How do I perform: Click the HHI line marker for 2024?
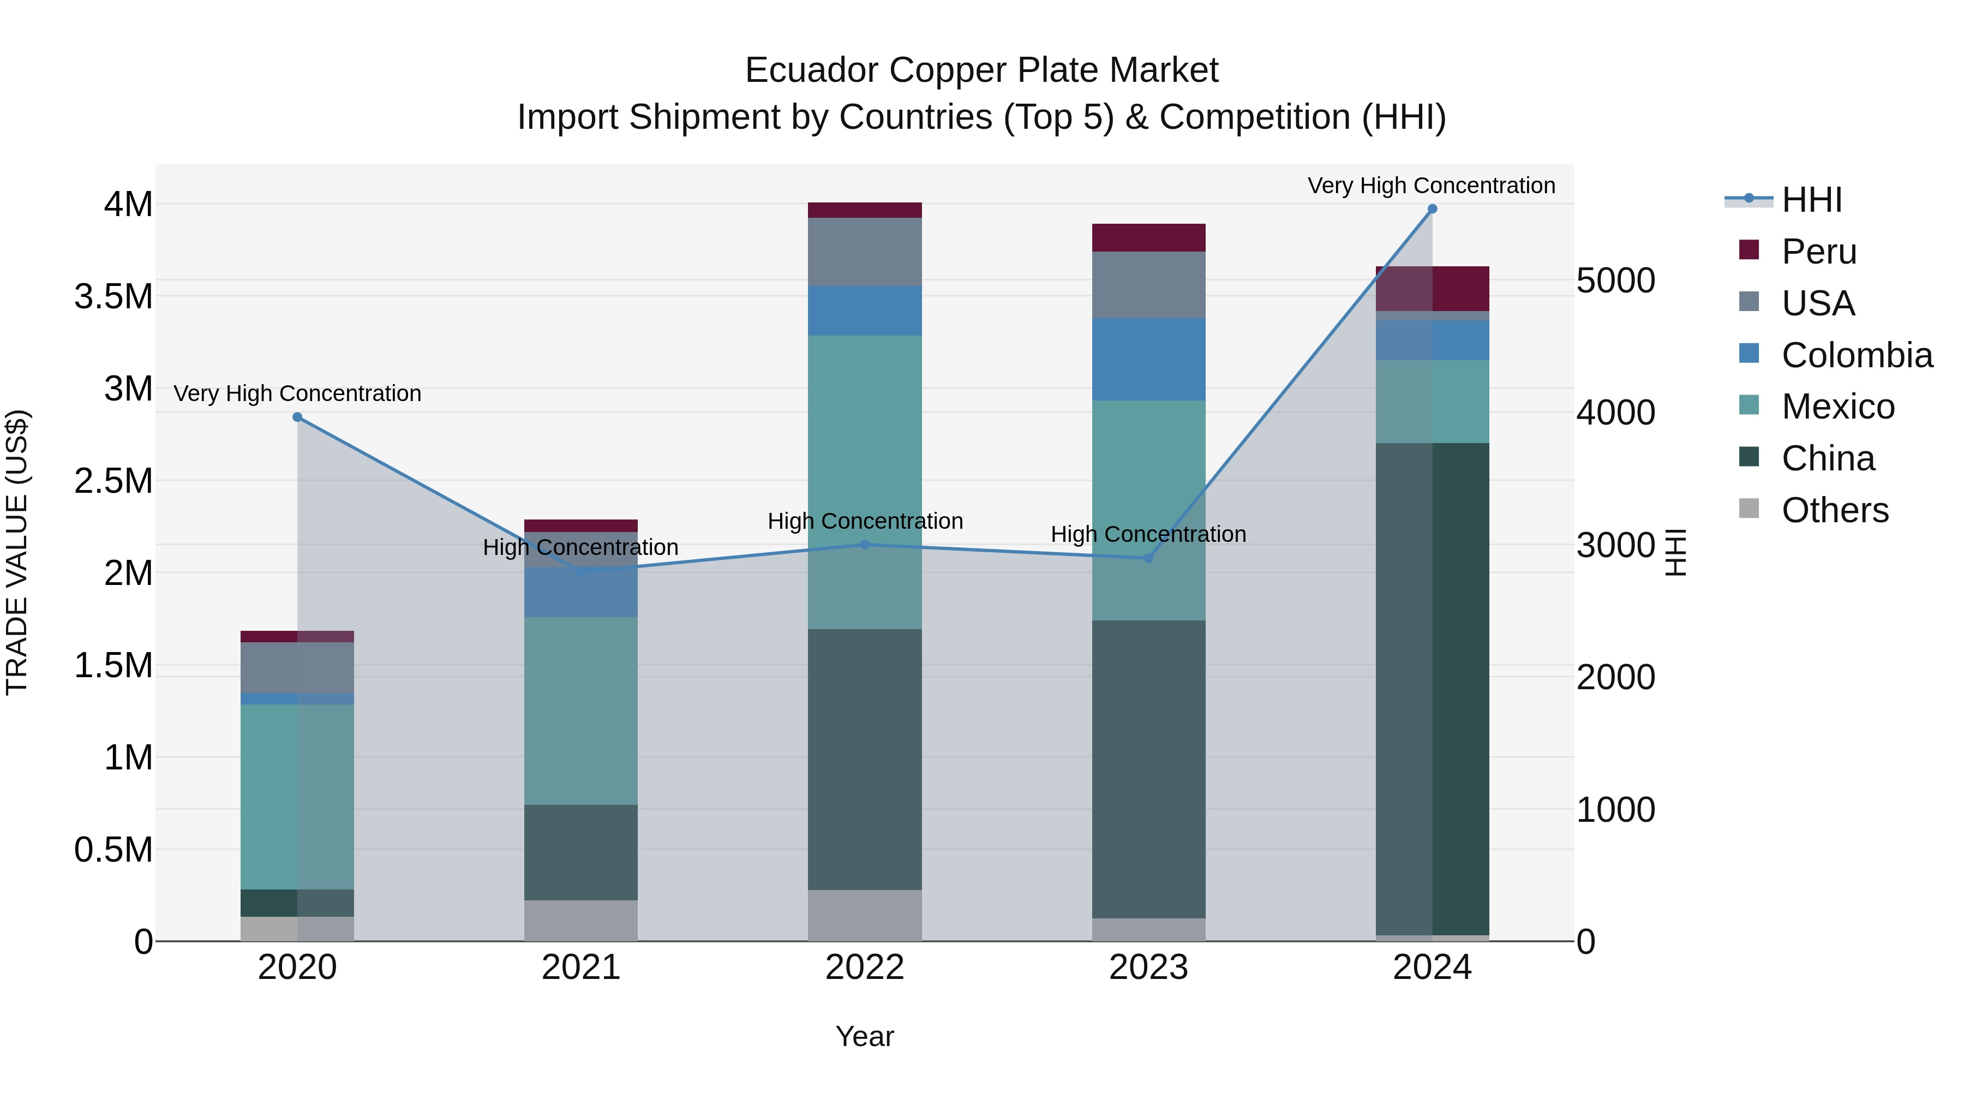[x=1432, y=209]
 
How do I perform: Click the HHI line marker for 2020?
[x=297, y=417]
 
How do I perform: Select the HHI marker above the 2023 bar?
[x=1149, y=558]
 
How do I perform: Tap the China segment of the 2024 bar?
[x=1432, y=686]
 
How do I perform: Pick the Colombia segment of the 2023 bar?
[x=1149, y=359]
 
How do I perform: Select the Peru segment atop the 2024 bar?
[x=1432, y=288]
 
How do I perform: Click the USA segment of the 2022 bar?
[x=865, y=252]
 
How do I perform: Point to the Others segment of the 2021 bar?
[x=581, y=921]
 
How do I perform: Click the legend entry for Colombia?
[x=1857, y=355]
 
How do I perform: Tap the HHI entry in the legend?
[x=1811, y=200]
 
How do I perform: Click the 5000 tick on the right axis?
[x=1615, y=280]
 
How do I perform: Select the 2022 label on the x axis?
[x=865, y=967]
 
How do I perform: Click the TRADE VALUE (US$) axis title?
[x=17, y=552]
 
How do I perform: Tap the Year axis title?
[x=865, y=1036]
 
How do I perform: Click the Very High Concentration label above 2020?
[x=297, y=393]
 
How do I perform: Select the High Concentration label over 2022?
[x=865, y=522]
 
